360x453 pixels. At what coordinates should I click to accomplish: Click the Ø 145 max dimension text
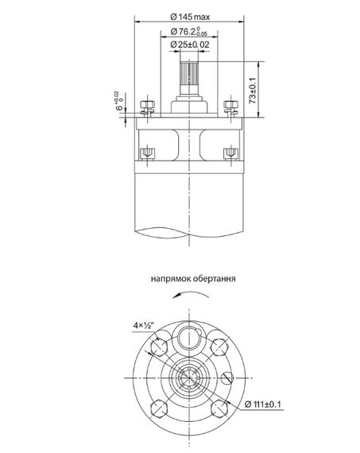tap(190, 17)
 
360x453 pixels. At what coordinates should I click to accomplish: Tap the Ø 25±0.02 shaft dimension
tap(190, 45)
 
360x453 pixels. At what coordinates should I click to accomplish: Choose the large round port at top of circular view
tap(188, 336)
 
